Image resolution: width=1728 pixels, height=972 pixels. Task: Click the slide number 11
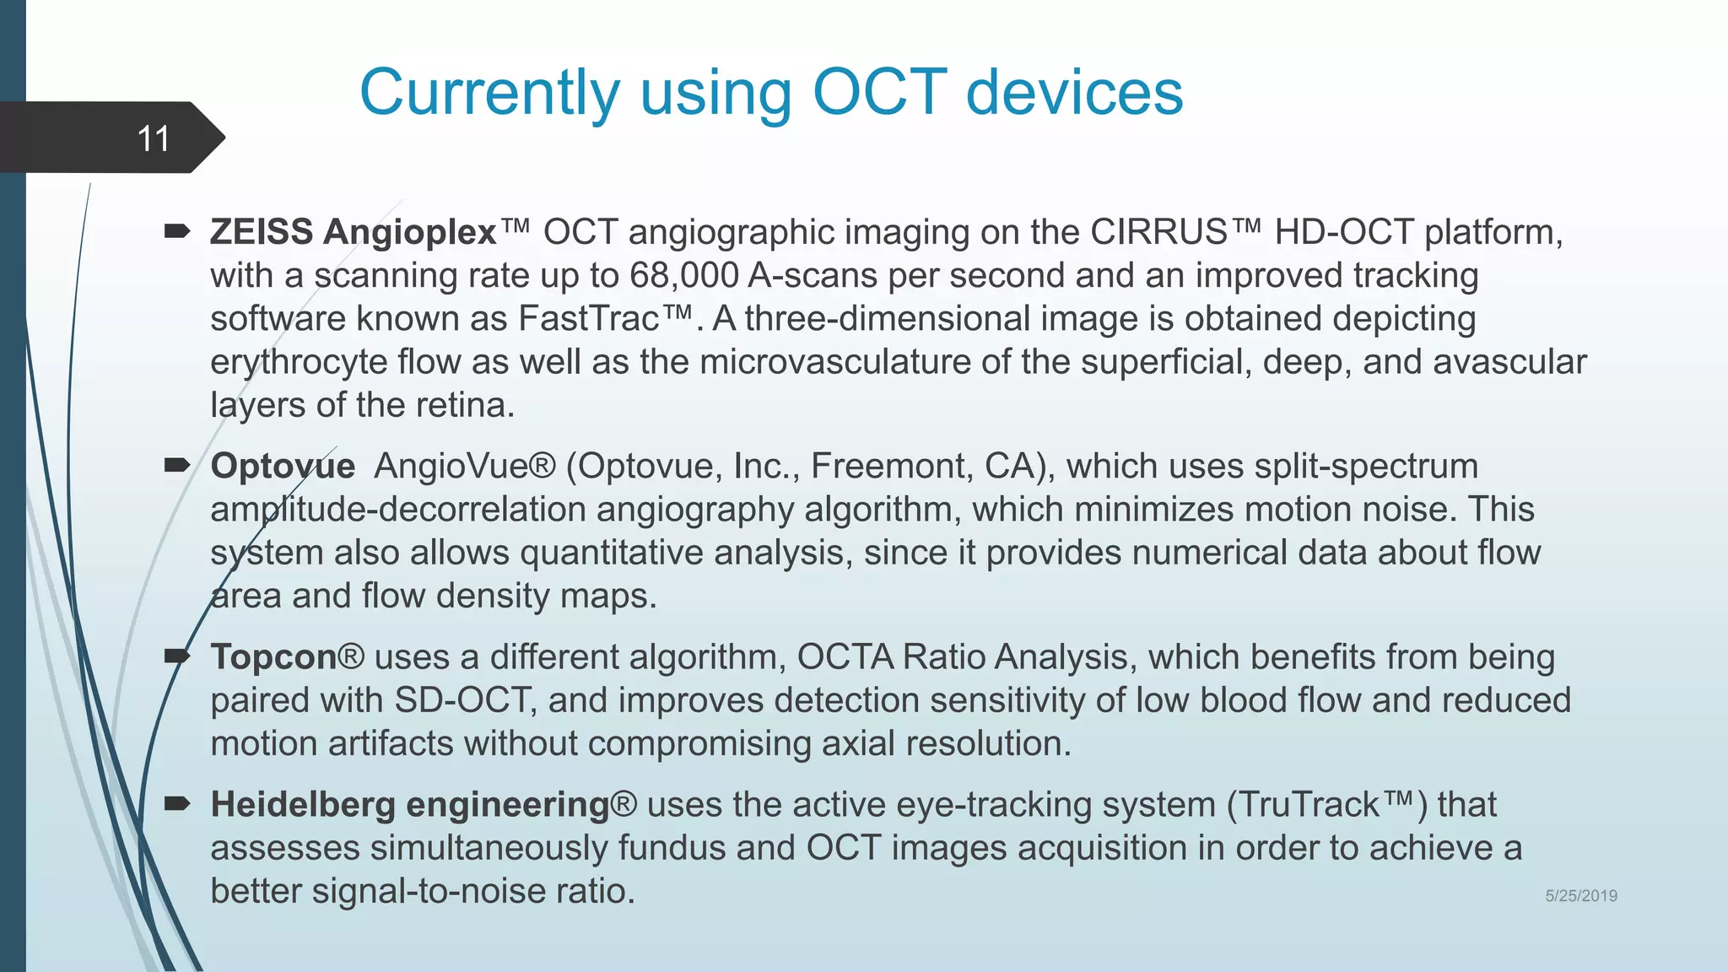click(153, 138)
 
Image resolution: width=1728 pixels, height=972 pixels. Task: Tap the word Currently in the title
click(489, 92)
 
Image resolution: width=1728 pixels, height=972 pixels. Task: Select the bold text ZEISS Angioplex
click(353, 232)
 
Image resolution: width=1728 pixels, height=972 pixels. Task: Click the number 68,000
click(683, 276)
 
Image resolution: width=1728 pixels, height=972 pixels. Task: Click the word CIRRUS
click(1158, 232)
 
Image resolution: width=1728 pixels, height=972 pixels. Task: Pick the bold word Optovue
click(283, 467)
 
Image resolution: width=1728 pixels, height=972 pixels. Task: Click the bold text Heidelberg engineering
click(410, 805)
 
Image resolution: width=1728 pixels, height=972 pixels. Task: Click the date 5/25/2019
click(1580, 896)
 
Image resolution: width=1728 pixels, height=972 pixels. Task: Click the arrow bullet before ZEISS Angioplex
click(177, 230)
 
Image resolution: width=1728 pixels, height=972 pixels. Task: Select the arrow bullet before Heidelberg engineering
click(177, 803)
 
